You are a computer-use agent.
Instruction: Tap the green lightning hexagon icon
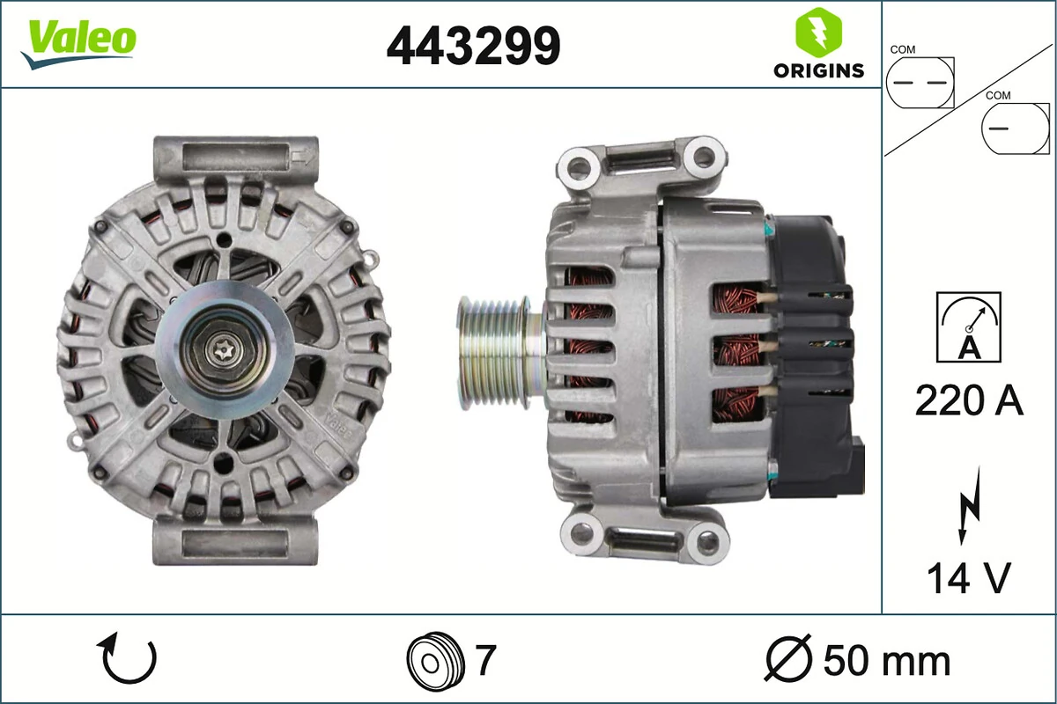(x=817, y=33)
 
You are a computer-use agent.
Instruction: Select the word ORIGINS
(x=818, y=71)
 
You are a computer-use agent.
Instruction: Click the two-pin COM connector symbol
(x=920, y=83)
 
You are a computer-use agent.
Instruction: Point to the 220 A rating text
(x=969, y=401)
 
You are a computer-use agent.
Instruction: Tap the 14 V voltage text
(x=968, y=578)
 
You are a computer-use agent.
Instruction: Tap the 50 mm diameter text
(x=886, y=660)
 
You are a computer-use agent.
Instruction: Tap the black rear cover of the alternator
(x=810, y=352)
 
